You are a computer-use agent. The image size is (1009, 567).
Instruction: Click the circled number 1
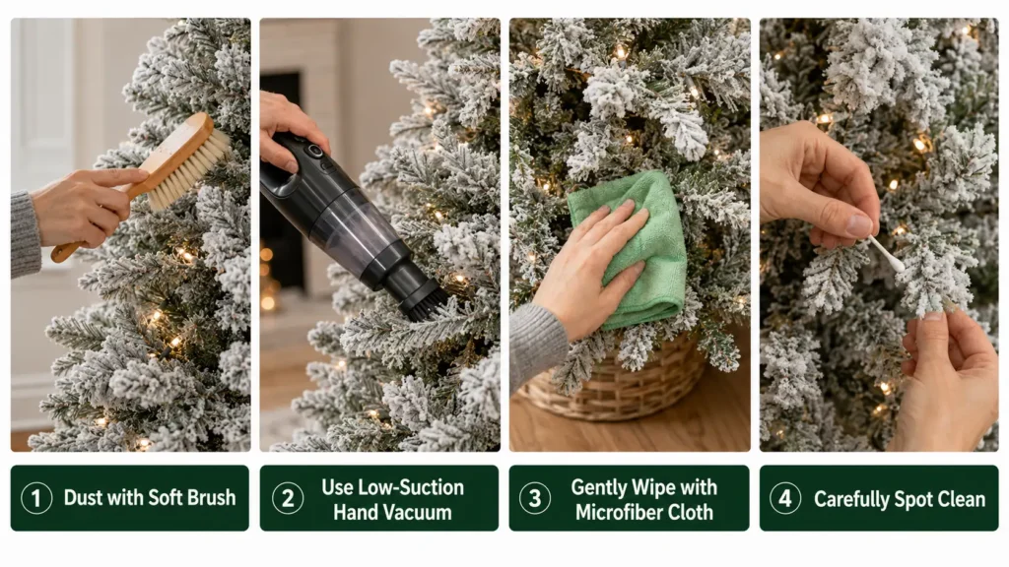[x=36, y=498]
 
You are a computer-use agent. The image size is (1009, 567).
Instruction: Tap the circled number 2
[x=288, y=498]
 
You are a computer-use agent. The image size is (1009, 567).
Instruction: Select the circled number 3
[x=535, y=498]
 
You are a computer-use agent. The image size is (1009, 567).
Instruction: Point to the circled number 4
[x=785, y=498]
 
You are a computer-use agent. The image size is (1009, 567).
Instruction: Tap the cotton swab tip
[x=895, y=263]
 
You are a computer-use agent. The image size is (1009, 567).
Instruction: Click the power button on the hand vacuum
[x=314, y=151]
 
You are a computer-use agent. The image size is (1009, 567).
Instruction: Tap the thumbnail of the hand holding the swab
[x=859, y=225]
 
